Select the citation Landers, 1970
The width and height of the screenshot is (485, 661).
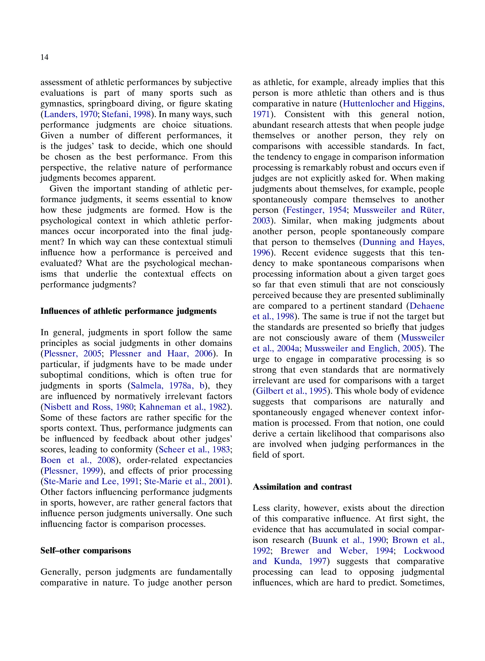pyautogui.click(x=70, y=114)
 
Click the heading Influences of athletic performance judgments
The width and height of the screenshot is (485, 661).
pyautogui.click(x=128, y=311)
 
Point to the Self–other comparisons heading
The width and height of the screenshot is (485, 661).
pyautogui.click(x=86, y=551)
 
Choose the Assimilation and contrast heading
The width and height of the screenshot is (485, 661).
pyautogui.click(x=302, y=487)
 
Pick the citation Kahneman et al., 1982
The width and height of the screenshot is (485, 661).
pyautogui.click(x=183, y=407)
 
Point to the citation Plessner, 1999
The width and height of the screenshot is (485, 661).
pyautogui.click(x=72, y=471)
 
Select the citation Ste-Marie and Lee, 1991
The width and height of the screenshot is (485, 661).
pyautogui.click(x=91, y=481)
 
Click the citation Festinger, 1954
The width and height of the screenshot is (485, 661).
pyautogui.click(x=316, y=210)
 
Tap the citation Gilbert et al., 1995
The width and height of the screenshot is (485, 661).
pyautogui.click(x=291, y=391)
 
